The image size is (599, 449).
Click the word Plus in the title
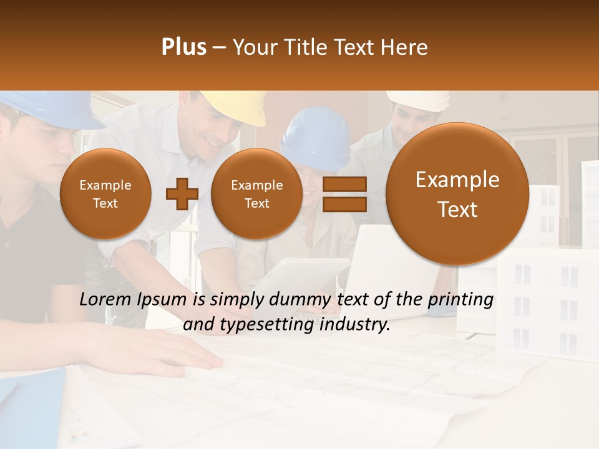click(183, 47)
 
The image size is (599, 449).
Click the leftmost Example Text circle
click(105, 194)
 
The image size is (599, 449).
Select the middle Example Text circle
click(257, 194)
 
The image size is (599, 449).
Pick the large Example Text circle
click(457, 194)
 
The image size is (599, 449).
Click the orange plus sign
click(182, 194)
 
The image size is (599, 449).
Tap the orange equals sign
click(344, 194)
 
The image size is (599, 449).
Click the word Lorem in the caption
click(103, 300)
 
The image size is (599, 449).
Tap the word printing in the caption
click(460, 300)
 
